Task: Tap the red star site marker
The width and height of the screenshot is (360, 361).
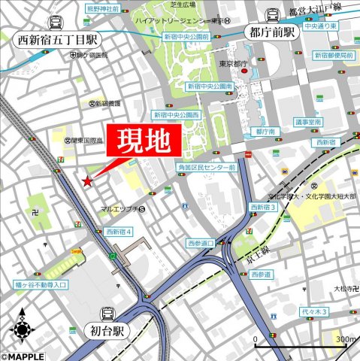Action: (88, 181)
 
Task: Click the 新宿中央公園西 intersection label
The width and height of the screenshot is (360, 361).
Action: (176, 115)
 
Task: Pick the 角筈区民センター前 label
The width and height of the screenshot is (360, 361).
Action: (207, 167)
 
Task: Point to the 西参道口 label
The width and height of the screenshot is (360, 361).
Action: (201, 243)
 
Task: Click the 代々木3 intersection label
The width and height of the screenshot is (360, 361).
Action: (313, 311)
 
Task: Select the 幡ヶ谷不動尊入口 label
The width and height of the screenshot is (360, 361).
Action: (41, 285)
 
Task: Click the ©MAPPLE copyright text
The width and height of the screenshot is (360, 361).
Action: (23, 356)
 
